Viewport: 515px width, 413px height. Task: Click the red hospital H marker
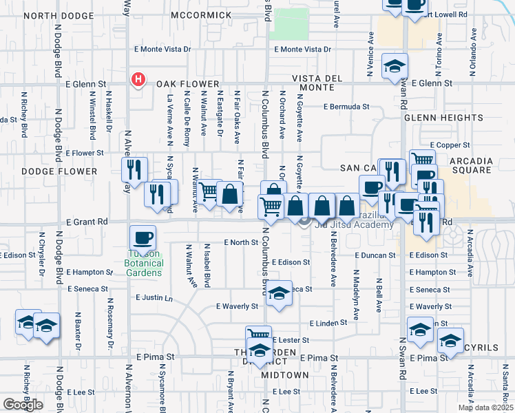pos(138,80)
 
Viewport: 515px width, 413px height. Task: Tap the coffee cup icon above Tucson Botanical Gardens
pos(143,237)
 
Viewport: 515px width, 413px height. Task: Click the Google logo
pos(23,405)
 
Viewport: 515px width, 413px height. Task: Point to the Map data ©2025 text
pos(485,407)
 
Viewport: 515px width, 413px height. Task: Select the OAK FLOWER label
pos(177,83)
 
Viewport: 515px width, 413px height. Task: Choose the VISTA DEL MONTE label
pos(317,83)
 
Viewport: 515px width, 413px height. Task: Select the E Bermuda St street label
pos(347,107)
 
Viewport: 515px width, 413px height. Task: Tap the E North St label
pos(240,242)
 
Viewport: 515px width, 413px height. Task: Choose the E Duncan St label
pos(375,255)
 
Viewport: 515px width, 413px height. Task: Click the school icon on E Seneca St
pos(279,294)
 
